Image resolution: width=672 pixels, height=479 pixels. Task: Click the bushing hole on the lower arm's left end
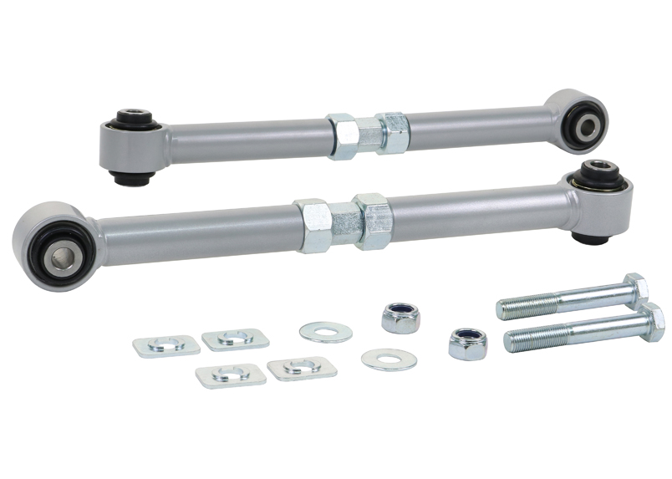[x=63, y=249]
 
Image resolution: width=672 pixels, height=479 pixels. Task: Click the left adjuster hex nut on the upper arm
[x=341, y=136]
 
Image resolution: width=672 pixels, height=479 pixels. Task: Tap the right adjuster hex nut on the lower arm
[x=373, y=219]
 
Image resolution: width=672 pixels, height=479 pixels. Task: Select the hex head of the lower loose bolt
[x=649, y=322]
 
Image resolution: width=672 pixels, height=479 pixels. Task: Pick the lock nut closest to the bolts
[x=468, y=343]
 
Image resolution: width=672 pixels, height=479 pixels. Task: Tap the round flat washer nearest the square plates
[x=325, y=332]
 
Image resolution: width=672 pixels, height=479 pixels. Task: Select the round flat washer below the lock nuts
[x=389, y=359]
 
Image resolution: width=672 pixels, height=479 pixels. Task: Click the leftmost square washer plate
[x=166, y=345]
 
